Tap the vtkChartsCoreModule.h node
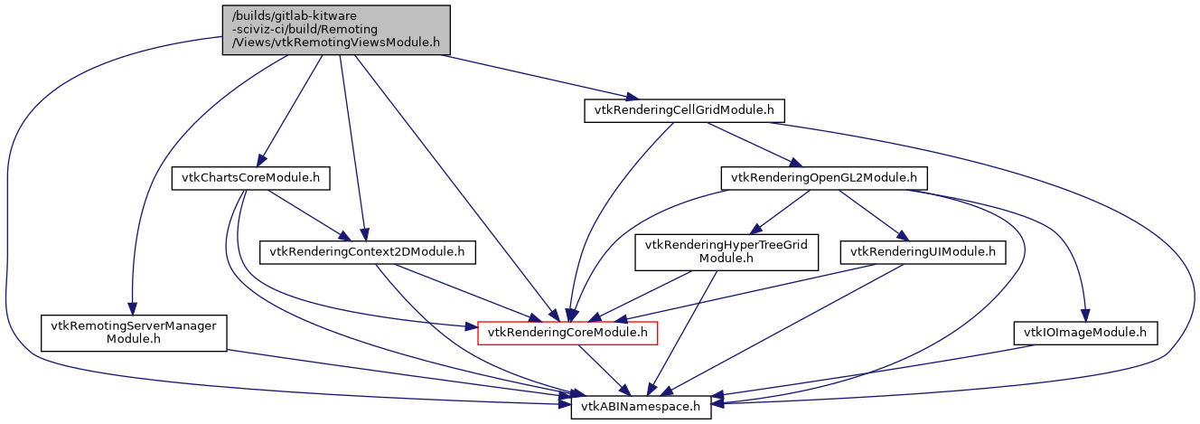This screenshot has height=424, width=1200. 249,178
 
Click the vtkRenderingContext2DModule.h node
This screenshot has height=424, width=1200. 368,252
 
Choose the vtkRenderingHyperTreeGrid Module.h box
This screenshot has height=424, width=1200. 727,252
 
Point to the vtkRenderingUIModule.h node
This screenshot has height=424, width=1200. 923,252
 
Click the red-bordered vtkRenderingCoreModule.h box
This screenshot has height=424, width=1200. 567,333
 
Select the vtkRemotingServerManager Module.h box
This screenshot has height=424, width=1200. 133,333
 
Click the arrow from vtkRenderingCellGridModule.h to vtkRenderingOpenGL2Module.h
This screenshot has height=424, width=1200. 750,144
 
